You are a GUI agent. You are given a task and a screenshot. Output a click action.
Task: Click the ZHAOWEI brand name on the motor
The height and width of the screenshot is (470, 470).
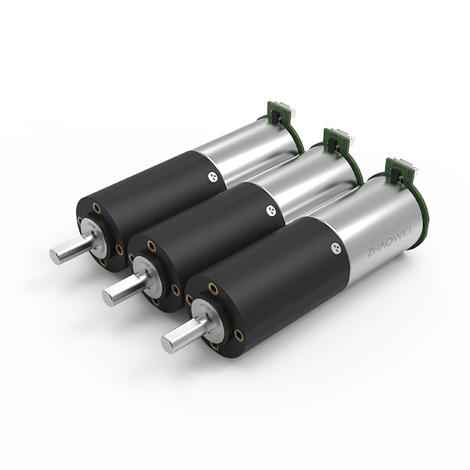point(389,242)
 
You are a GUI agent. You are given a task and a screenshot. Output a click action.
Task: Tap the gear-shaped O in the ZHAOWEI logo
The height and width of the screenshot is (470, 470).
point(389,242)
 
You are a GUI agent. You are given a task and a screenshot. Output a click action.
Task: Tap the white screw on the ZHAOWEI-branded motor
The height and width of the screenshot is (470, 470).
point(336,248)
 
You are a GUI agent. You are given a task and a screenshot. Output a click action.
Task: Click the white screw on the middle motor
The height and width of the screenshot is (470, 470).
point(271,210)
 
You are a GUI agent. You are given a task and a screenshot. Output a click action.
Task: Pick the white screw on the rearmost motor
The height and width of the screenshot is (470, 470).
point(213,177)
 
